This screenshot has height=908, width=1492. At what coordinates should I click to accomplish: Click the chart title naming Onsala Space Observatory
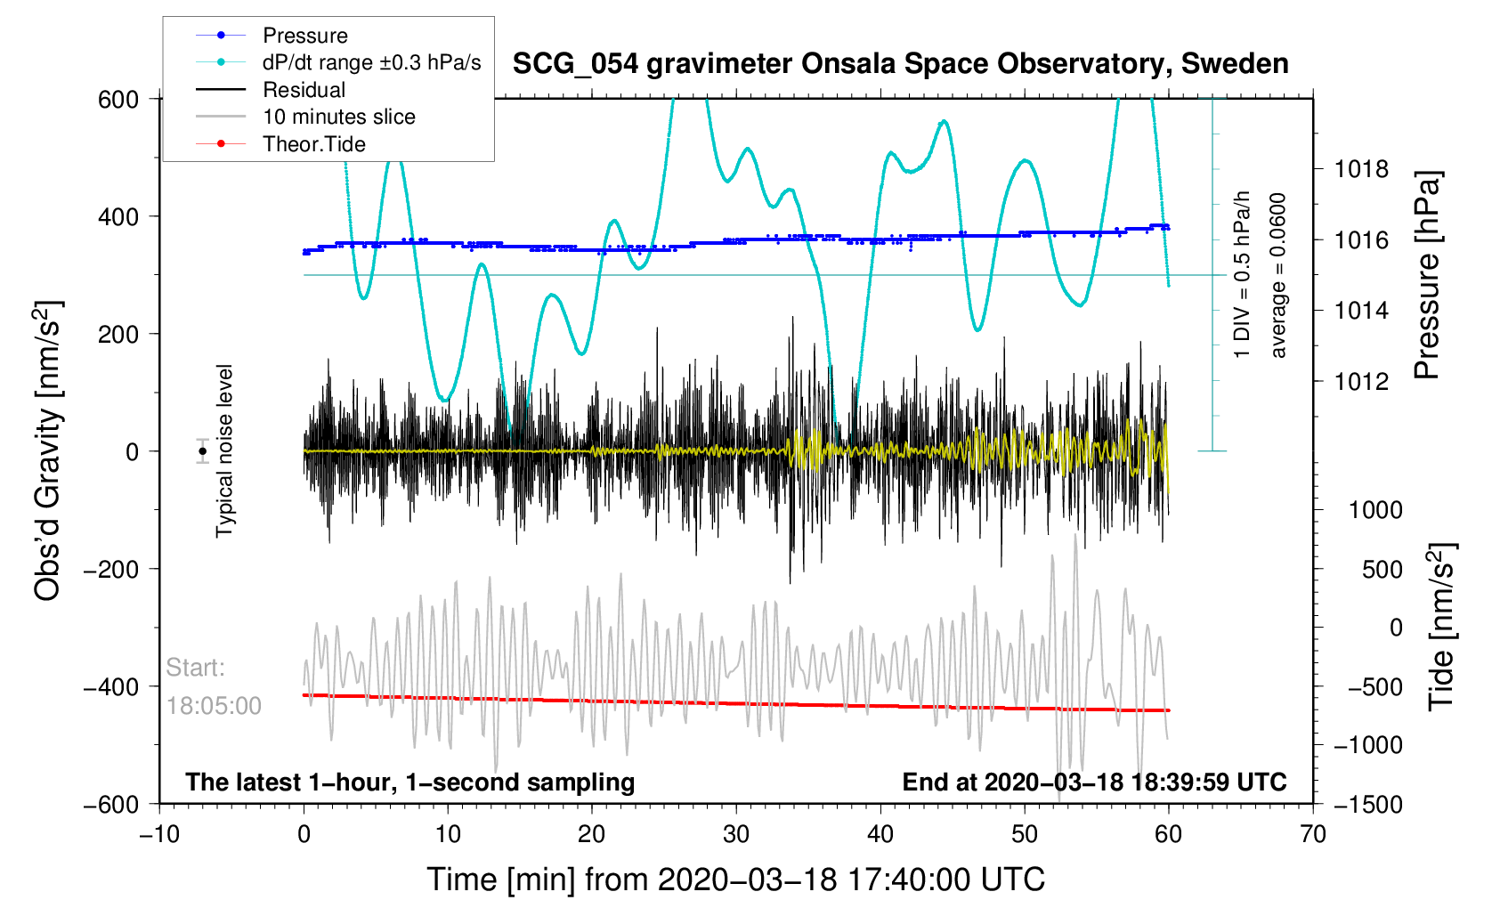tap(900, 64)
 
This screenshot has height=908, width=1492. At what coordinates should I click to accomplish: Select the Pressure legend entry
tap(304, 36)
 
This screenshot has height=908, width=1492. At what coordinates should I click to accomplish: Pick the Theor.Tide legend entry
tap(313, 144)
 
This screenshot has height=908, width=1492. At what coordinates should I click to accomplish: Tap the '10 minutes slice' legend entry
tap(338, 117)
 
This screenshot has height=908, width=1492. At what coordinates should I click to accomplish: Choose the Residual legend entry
tap(304, 90)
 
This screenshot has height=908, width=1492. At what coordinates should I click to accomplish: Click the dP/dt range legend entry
tap(371, 62)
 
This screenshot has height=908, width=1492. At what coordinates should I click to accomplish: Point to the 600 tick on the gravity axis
tap(118, 100)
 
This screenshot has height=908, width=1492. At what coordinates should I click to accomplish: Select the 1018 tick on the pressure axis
tap(1361, 169)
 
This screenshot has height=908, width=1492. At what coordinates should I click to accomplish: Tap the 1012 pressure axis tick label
tap(1361, 382)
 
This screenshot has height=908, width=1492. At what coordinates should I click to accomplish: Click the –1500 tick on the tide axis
tap(1367, 805)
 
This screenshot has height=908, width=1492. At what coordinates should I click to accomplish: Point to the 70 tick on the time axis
tap(1313, 835)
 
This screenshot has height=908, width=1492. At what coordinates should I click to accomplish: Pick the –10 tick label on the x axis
tap(159, 835)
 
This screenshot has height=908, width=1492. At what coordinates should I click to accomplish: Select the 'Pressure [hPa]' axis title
tap(1427, 276)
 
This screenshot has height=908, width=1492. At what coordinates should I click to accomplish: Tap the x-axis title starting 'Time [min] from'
tap(735, 880)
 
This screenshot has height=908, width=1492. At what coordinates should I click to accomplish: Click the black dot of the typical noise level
tap(203, 451)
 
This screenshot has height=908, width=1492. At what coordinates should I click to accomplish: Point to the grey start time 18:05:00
tap(214, 706)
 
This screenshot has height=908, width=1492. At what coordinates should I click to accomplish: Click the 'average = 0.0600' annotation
tap(1278, 276)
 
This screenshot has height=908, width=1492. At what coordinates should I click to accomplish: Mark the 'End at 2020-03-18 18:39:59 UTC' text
tap(1094, 782)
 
